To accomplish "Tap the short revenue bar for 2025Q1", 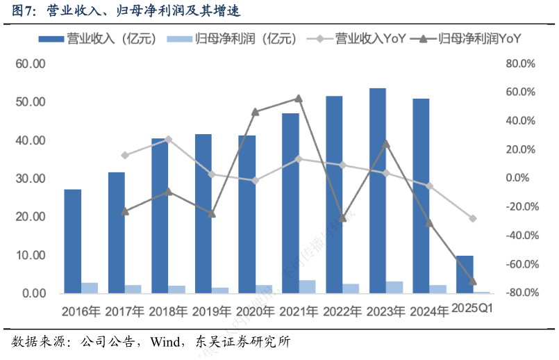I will [465, 275].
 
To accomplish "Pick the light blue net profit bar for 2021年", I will [307, 286].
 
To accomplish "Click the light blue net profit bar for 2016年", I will [90, 288].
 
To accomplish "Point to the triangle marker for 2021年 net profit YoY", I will [299, 99].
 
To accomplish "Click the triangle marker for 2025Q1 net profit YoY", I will [473, 281].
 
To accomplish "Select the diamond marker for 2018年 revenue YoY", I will [168, 139].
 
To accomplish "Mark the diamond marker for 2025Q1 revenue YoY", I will [473, 218].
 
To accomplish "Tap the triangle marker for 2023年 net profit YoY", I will [386, 144].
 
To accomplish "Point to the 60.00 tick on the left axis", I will [31, 64].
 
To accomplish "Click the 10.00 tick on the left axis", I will [31, 255].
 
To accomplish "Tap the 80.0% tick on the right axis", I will [521, 64].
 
